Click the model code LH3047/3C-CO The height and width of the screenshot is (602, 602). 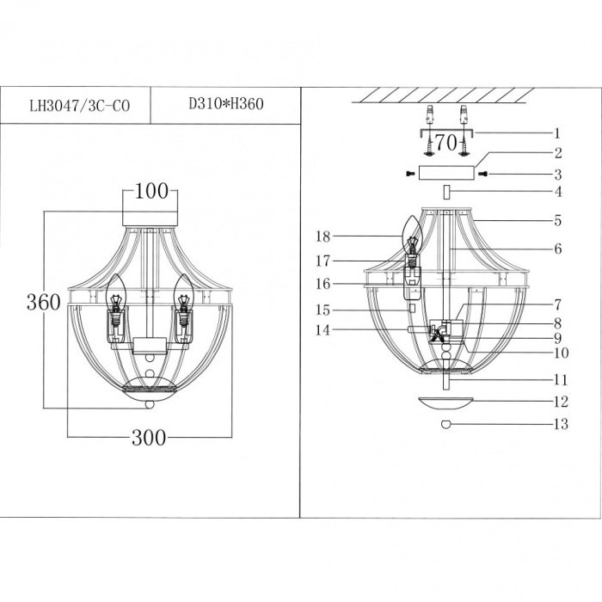(x=80, y=106)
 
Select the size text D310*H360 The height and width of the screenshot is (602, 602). (x=226, y=104)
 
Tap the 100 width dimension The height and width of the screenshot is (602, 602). (x=151, y=191)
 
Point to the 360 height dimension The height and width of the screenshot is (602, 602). (x=43, y=302)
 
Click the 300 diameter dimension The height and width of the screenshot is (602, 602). (x=149, y=437)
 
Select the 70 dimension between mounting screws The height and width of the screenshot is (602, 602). (x=446, y=143)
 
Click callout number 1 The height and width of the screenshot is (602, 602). (x=557, y=133)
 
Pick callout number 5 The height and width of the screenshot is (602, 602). (x=558, y=221)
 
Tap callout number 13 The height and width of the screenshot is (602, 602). (x=561, y=424)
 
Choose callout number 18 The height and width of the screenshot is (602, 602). (x=322, y=236)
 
